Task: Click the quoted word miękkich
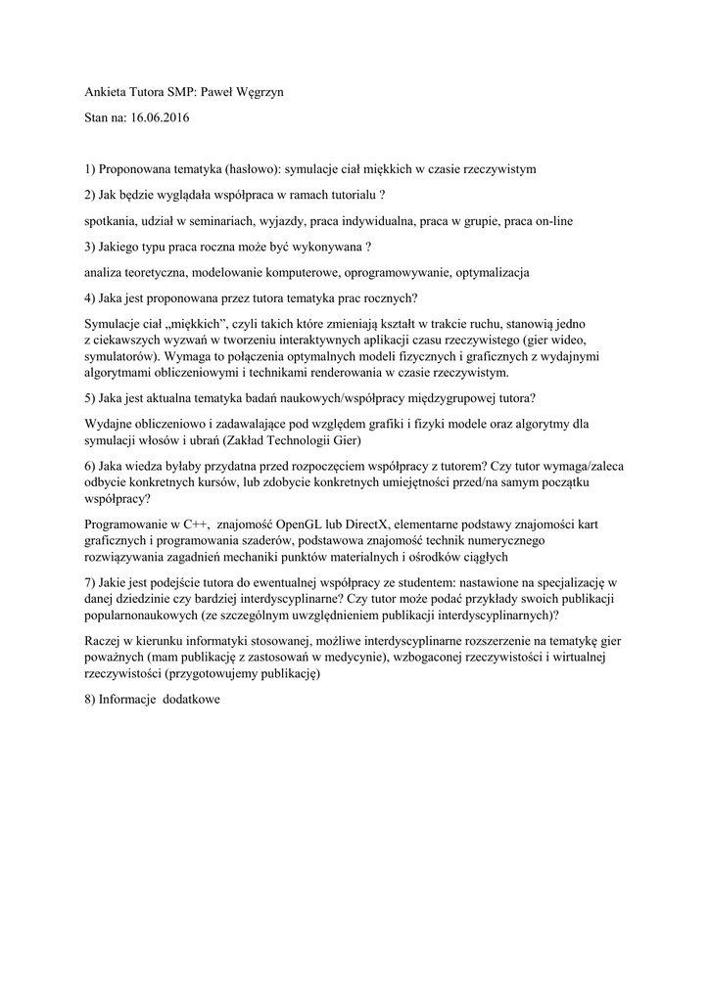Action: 197,323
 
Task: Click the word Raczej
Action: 105,640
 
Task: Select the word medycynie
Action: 318,657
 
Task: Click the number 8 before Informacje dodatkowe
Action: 89,700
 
